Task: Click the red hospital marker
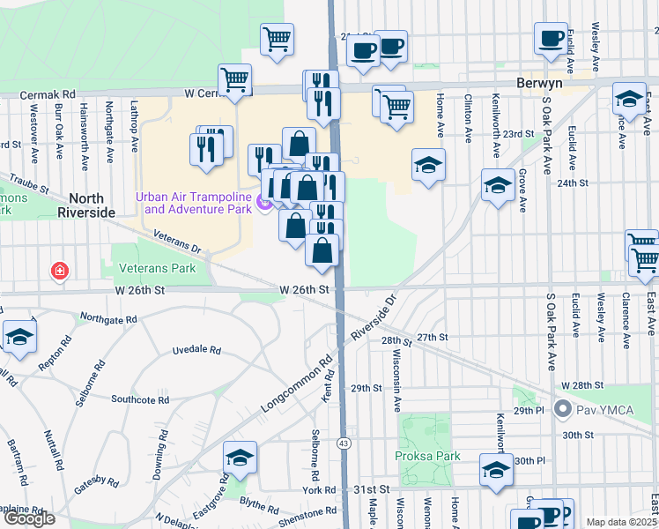(x=60, y=270)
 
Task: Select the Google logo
(x=30, y=518)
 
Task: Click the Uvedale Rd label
(x=196, y=350)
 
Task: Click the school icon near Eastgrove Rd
(x=239, y=458)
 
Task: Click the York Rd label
(x=319, y=489)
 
